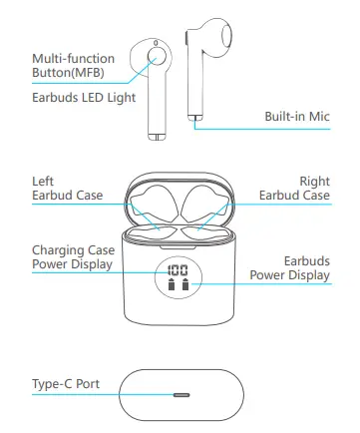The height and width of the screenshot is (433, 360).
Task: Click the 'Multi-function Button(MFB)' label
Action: coord(72,67)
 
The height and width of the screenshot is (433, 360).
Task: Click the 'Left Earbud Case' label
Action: coord(60,189)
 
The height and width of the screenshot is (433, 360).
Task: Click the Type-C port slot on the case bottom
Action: coord(180,394)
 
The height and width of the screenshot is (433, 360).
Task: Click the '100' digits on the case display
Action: coord(180,270)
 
